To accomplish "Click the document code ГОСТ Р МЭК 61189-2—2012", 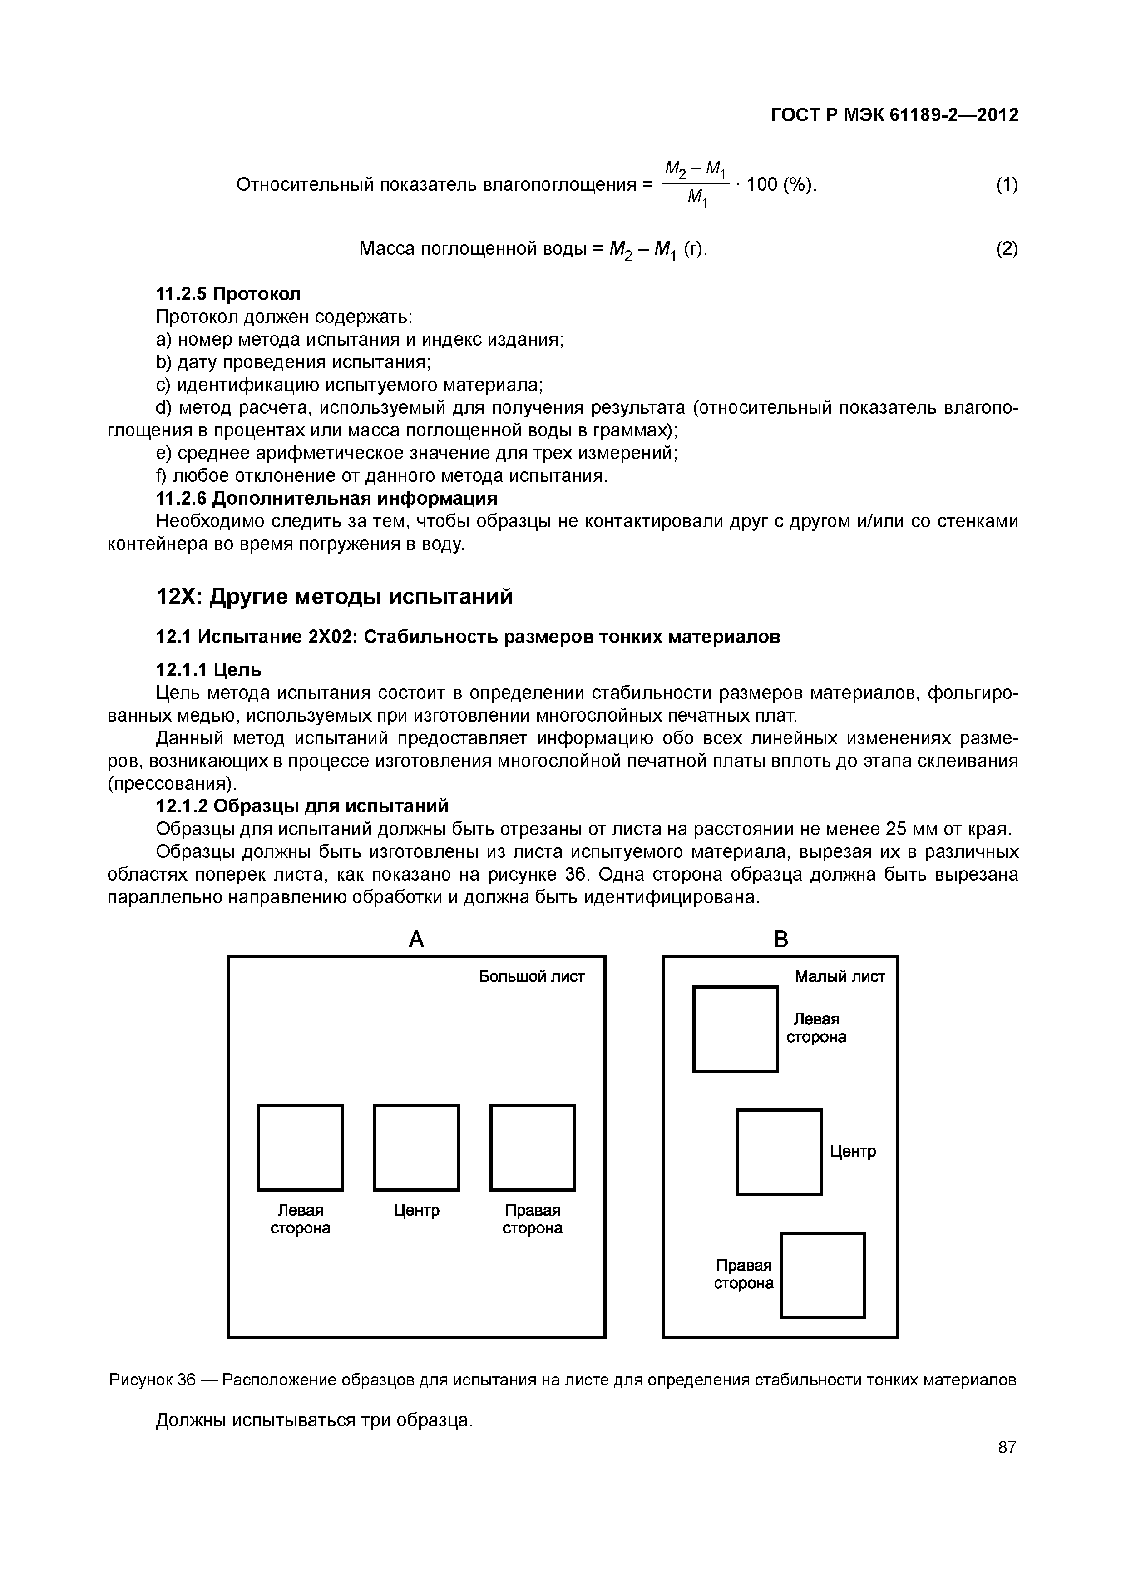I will coord(894,115).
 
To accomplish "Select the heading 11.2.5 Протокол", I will coord(228,294).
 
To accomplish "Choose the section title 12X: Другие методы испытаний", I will coord(335,596).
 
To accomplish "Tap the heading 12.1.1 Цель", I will coord(209,669).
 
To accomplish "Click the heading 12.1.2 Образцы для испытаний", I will coord(302,806).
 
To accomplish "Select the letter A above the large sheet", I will coord(416,940).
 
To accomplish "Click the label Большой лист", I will coord(531,977).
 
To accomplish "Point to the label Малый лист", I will coord(840,977).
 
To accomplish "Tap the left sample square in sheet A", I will coord(301,1148).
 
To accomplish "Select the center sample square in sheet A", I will coord(416,1148).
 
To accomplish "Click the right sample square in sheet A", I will coord(532,1148).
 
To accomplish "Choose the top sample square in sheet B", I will coord(736,1029).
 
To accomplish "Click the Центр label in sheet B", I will coord(853,1152).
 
